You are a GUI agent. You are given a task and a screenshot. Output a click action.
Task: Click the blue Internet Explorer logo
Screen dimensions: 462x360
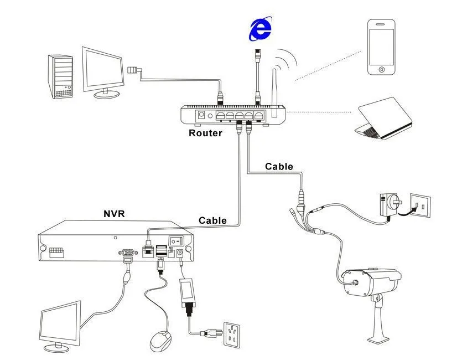pyautogui.click(x=261, y=29)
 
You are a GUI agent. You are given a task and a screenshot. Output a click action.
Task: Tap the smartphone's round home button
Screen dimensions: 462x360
pyautogui.click(x=382, y=70)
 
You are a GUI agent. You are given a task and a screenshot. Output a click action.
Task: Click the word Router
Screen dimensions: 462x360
pyautogui.click(x=205, y=133)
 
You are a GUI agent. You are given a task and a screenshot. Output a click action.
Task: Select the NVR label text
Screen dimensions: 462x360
pyautogui.click(x=114, y=213)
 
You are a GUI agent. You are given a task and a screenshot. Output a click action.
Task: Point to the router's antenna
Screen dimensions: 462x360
pyautogui.click(x=274, y=93)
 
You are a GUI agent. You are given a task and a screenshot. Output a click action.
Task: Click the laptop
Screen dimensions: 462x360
pyautogui.click(x=383, y=119)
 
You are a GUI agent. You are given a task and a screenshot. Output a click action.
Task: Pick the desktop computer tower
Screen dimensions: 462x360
pyautogui.click(x=60, y=76)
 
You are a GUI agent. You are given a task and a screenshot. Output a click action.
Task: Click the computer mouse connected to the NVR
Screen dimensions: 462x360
pyautogui.click(x=160, y=341)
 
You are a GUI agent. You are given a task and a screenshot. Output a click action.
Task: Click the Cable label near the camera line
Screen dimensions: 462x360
pyautogui.click(x=279, y=166)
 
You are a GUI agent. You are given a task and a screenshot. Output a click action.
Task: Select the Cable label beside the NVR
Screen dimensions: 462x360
pyautogui.click(x=212, y=220)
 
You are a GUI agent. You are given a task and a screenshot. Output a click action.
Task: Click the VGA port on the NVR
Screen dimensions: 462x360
pyautogui.click(x=128, y=253)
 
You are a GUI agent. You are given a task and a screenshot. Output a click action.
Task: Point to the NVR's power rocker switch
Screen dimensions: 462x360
pyautogui.click(x=176, y=241)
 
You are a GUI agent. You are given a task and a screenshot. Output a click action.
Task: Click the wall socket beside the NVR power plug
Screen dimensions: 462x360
pyautogui.click(x=232, y=334)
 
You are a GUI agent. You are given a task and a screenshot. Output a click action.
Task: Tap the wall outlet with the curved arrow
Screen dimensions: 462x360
pyautogui.click(x=421, y=205)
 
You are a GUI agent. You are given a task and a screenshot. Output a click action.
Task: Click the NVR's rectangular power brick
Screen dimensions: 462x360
pyautogui.click(x=187, y=291)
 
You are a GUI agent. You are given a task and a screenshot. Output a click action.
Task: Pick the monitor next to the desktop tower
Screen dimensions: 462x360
pyautogui.click(x=103, y=73)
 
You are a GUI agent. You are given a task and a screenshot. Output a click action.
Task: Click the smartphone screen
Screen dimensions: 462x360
pyautogui.click(x=382, y=47)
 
